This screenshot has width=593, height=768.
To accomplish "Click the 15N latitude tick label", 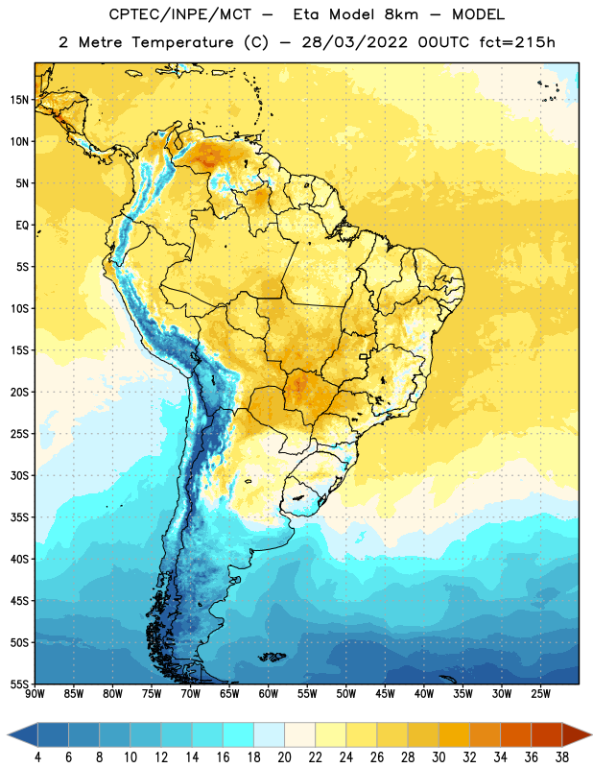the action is [19, 100].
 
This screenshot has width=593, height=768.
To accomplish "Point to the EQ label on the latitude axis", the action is [22, 226].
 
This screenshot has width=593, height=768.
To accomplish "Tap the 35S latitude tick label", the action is [19, 517].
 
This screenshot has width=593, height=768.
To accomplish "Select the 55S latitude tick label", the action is [19, 684].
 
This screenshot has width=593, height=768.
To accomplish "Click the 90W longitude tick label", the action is [35, 694].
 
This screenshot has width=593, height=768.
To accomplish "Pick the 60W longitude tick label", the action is [269, 694].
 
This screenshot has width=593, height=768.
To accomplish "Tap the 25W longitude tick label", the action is [540, 694].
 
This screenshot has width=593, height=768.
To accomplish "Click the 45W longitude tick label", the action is [385, 694].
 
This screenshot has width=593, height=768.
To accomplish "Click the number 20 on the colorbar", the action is [284, 757].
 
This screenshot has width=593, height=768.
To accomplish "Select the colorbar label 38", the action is [562, 757].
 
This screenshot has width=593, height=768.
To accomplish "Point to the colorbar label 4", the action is [37, 757].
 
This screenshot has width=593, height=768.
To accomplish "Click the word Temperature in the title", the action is [182, 42].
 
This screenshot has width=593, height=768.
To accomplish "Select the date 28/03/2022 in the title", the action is [354, 42].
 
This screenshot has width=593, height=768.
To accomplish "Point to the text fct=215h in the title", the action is [517, 42].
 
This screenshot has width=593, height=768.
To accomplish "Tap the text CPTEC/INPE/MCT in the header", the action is [180, 14].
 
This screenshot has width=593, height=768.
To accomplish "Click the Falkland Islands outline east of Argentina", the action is [273, 657].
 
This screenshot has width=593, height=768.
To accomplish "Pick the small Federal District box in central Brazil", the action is [364, 356].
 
